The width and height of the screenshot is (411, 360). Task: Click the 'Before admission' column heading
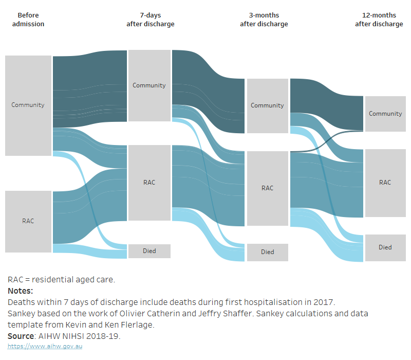[28, 20]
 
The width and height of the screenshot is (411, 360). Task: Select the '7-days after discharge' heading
[150, 20]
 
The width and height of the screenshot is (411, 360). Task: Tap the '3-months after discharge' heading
[264, 20]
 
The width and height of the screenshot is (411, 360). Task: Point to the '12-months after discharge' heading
[379, 20]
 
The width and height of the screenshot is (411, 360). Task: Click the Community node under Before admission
[28, 105]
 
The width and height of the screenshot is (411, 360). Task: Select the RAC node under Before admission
[28, 221]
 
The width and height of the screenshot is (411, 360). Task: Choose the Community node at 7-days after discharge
[149, 85]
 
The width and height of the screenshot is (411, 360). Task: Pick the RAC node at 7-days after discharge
[149, 183]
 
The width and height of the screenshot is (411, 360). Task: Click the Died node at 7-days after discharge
[149, 251]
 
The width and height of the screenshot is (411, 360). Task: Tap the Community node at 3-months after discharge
[267, 105]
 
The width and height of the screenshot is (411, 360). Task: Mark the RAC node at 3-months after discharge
[267, 188]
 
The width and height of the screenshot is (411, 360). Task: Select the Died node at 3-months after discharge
[267, 252]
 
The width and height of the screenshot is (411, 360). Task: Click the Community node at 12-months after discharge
[385, 114]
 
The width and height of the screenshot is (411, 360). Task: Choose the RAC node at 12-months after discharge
[385, 183]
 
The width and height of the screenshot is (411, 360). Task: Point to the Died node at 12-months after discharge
[385, 247]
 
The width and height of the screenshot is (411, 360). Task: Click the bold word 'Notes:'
[21, 291]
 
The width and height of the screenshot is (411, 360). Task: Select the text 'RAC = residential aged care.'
[61, 280]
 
